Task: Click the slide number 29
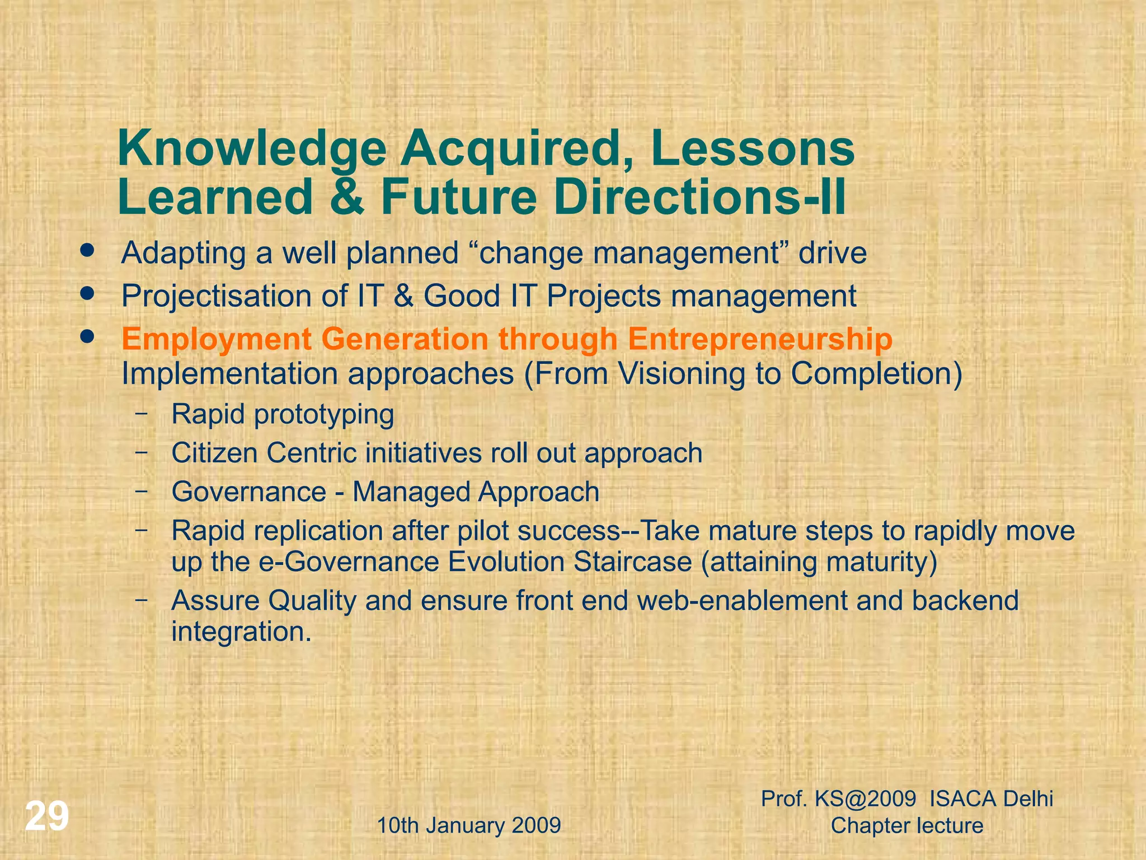point(47,817)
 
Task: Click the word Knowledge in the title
point(252,150)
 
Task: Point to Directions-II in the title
point(701,197)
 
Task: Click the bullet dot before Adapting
point(87,250)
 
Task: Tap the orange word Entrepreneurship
point(760,340)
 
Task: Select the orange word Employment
point(217,340)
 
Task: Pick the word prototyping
point(324,415)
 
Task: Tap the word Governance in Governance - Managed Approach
point(249,492)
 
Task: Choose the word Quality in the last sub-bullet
point(312,601)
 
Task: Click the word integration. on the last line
point(241,632)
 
